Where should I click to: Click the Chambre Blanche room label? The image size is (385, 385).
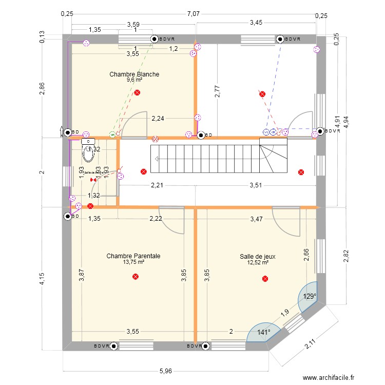[134, 74]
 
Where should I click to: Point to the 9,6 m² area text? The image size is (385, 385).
[134, 80]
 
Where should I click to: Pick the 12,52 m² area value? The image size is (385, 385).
[258, 262]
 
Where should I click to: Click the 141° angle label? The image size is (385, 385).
[264, 332]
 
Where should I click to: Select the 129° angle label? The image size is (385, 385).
[309, 296]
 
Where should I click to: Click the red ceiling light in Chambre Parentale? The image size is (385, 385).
[136, 277]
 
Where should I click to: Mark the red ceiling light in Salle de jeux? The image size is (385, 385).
[265, 279]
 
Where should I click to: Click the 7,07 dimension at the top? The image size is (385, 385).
[193, 14]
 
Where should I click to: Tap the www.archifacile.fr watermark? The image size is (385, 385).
[329, 378]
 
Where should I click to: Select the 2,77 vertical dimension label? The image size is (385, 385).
[218, 91]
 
